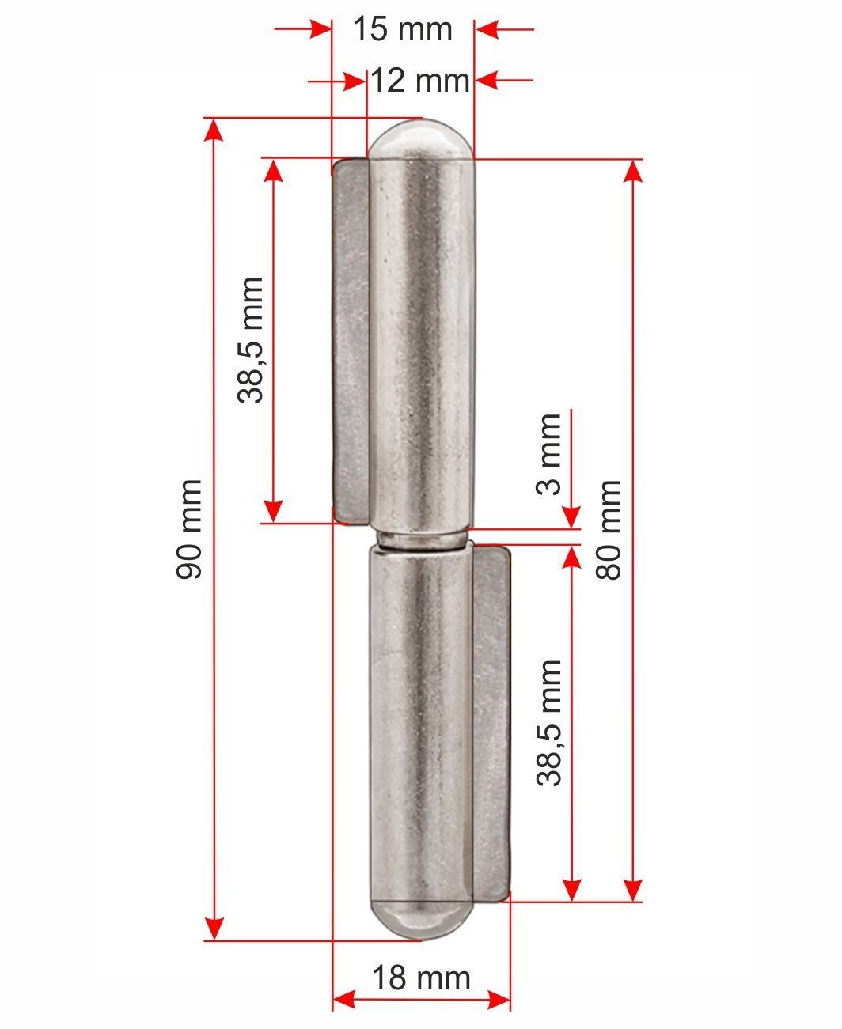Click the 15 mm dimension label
403,28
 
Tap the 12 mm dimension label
420,81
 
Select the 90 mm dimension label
189,529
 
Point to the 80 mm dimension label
609,529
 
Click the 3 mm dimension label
548,454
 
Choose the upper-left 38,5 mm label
250,341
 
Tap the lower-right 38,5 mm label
548,723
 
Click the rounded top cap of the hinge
421,139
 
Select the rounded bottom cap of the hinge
421,918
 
